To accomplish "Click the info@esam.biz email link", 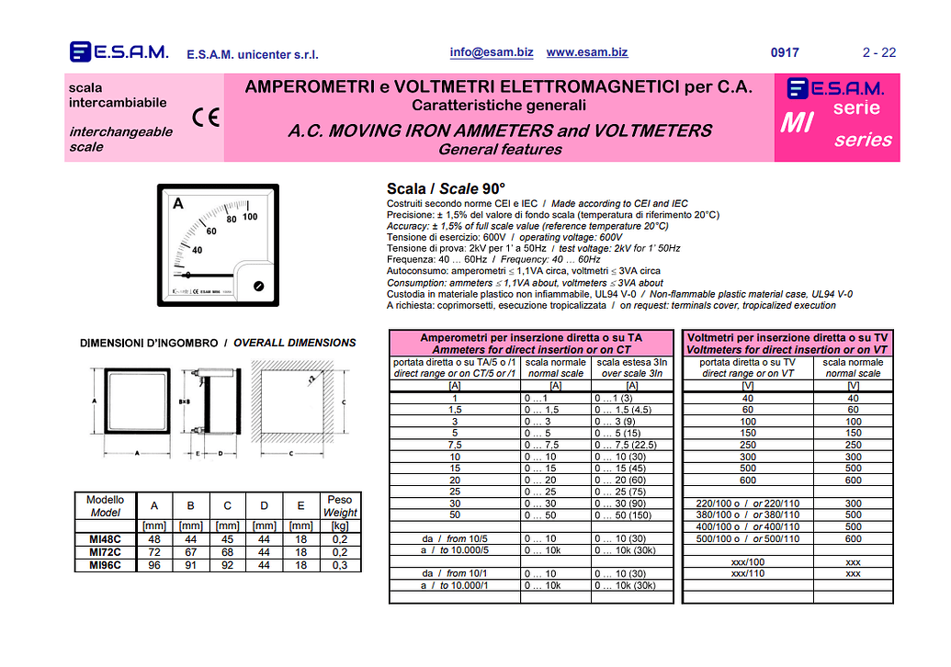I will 492,52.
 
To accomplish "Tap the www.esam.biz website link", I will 587,52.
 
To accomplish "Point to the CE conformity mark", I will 206,118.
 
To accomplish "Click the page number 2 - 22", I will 879,53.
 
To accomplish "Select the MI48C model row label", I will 105,539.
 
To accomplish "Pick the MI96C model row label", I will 105,565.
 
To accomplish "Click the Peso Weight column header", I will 340,506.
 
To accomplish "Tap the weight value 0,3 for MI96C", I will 340,565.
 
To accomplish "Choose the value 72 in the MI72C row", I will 153,552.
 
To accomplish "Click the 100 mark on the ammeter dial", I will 250,218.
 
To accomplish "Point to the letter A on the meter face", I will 178,203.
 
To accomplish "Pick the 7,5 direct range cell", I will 455,445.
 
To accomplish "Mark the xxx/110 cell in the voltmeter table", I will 747,573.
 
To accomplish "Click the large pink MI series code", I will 797,122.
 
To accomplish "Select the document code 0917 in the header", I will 785,53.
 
